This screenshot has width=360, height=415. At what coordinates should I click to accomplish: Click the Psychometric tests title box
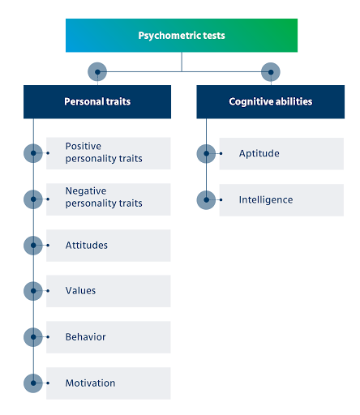182,36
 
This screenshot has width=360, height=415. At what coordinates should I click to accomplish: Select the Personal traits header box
97,102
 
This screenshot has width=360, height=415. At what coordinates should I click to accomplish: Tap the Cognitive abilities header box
270,102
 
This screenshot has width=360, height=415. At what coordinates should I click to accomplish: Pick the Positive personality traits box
109,153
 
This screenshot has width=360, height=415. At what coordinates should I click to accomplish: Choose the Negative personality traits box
109,199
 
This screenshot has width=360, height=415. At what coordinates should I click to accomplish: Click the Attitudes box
109,246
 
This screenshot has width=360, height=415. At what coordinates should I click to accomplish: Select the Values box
109,291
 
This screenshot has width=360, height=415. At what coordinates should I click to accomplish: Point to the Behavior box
109,337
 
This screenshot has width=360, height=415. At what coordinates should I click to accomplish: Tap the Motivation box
109,383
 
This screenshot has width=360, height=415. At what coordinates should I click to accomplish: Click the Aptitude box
281,154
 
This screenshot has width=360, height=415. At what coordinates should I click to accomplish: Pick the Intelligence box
281,200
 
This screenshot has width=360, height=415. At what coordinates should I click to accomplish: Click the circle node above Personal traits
97,71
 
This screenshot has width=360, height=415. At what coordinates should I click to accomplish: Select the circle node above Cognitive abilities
270,71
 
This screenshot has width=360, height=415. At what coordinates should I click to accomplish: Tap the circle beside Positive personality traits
33,153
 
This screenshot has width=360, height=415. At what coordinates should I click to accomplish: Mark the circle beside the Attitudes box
33,246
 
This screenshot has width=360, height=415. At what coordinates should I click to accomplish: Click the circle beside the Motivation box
33,383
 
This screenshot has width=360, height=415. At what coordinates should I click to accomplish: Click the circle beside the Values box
33,291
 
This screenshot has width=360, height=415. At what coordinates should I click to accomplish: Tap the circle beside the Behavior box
33,337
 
